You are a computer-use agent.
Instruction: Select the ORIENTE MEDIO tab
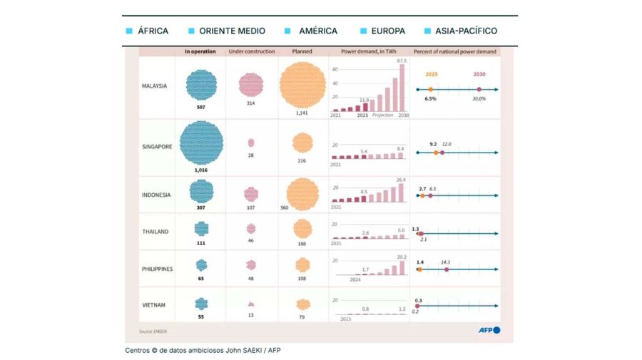[x=226, y=31]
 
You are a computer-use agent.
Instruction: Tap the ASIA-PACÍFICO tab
[x=461, y=31]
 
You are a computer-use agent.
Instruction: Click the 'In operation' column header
[x=200, y=52]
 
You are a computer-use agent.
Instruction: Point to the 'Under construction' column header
[x=251, y=52]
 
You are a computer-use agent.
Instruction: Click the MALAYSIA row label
[x=155, y=86]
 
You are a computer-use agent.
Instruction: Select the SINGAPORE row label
[x=156, y=146]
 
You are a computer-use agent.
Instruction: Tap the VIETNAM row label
[x=153, y=304]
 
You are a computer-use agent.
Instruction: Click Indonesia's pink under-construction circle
[x=251, y=194]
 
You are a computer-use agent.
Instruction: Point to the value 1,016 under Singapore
[x=201, y=170]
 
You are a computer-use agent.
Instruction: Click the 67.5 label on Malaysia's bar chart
[x=401, y=61]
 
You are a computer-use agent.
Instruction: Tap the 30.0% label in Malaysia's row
[x=479, y=99]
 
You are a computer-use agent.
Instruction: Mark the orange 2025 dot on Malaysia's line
[x=430, y=89]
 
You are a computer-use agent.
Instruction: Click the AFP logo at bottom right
[x=489, y=330]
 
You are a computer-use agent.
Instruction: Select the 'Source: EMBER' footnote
[x=153, y=331]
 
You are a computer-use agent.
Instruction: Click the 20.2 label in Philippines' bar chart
[x=401, y=257]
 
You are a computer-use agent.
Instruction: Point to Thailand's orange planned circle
[x=302, y=228]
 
